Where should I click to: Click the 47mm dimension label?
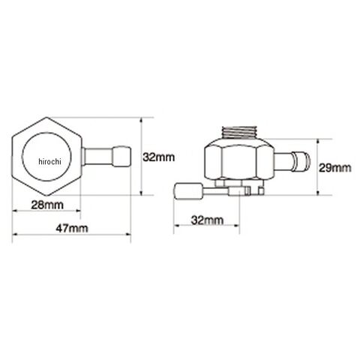(x=72, y=228)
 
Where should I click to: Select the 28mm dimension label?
(x=47, y=205)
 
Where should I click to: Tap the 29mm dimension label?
(x=334, y=168)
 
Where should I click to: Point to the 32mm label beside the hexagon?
(x=159, y=157)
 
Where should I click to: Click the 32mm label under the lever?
(x=207, y=220)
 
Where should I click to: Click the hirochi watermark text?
(x=49, y=161)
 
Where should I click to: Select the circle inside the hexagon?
(x=46, y=157)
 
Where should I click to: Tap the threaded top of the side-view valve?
(x=239, y=132)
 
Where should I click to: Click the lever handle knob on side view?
(x=189, y=191)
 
